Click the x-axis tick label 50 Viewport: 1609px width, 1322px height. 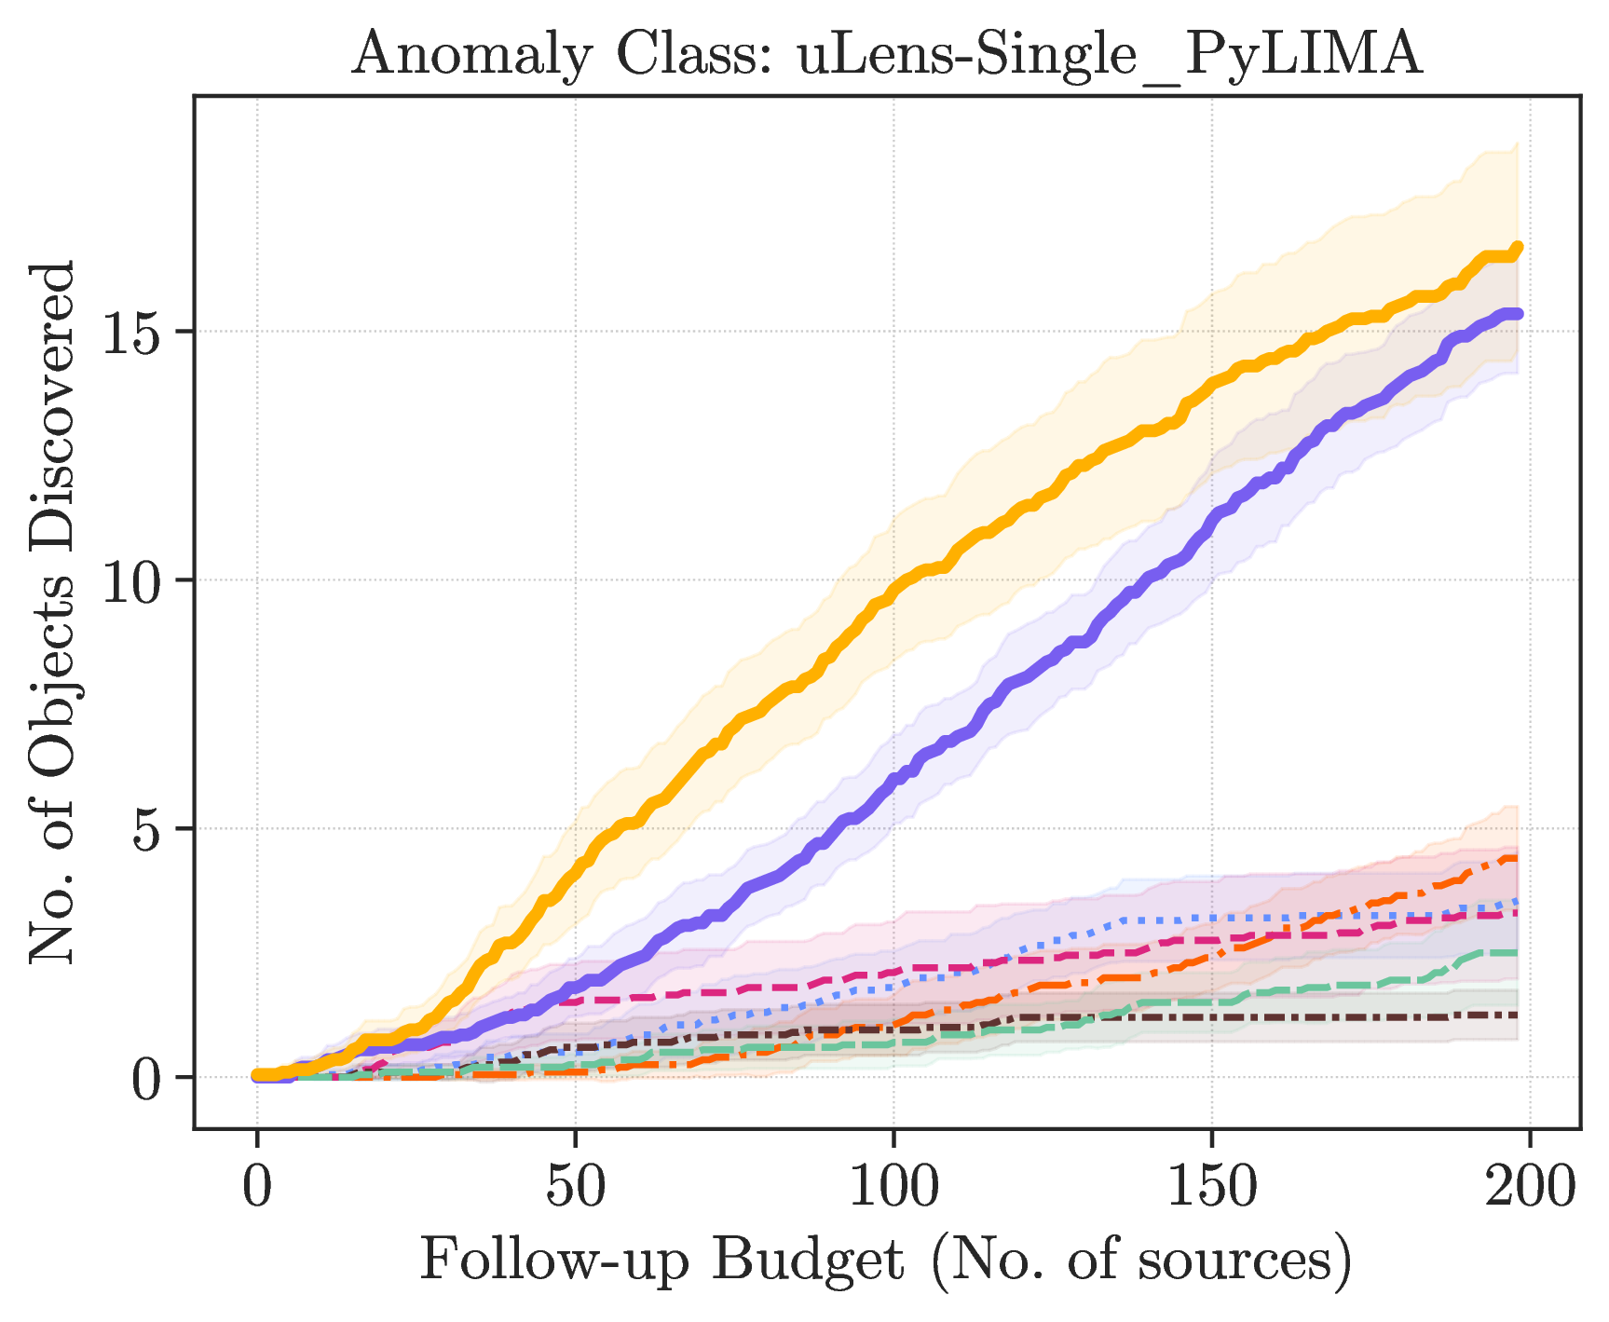tap(575, 1188)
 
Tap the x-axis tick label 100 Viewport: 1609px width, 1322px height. tap(893, 1188)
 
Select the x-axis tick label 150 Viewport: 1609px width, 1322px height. tap(1212, 1188)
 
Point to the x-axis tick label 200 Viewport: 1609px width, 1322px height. tap(1530, 1188)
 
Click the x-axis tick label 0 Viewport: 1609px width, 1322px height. tap(256, 1188)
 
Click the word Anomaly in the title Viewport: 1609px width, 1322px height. tap(472, 55)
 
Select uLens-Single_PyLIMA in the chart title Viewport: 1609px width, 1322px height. tap(1110, 55)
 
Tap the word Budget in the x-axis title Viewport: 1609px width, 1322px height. tap(808, 1262)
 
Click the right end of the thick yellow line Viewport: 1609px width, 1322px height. tap(1519, 247)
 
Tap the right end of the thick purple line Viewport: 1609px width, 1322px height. tap(1519, 314)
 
